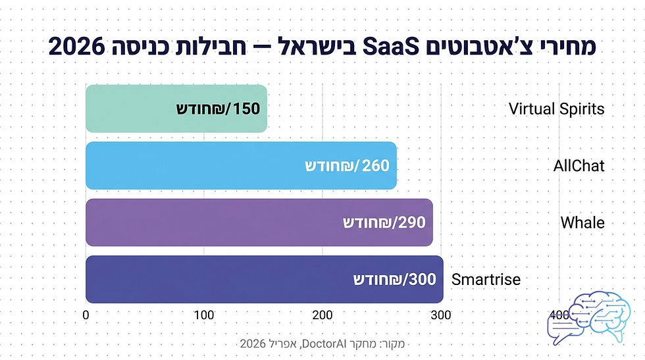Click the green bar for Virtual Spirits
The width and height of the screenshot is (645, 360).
pos(132,109)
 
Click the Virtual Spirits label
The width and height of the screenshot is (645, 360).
pos(556,109)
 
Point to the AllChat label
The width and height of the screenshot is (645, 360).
pos(579,166)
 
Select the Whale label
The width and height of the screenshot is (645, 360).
pos(582,222)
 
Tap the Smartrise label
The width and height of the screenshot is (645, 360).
pos(486,280)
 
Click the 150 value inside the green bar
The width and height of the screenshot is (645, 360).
pos(246,109)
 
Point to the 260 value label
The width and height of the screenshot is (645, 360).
pos(376,166)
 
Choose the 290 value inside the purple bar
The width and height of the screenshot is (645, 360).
pos(412,222)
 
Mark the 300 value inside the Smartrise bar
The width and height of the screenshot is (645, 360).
pos(423,279)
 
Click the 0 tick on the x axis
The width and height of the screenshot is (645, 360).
pos(86,315)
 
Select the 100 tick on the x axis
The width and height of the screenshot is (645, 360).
pos(204,315)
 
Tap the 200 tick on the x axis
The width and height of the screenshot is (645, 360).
pos(322,315)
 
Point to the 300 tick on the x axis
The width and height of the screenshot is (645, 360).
pos(441,315)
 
